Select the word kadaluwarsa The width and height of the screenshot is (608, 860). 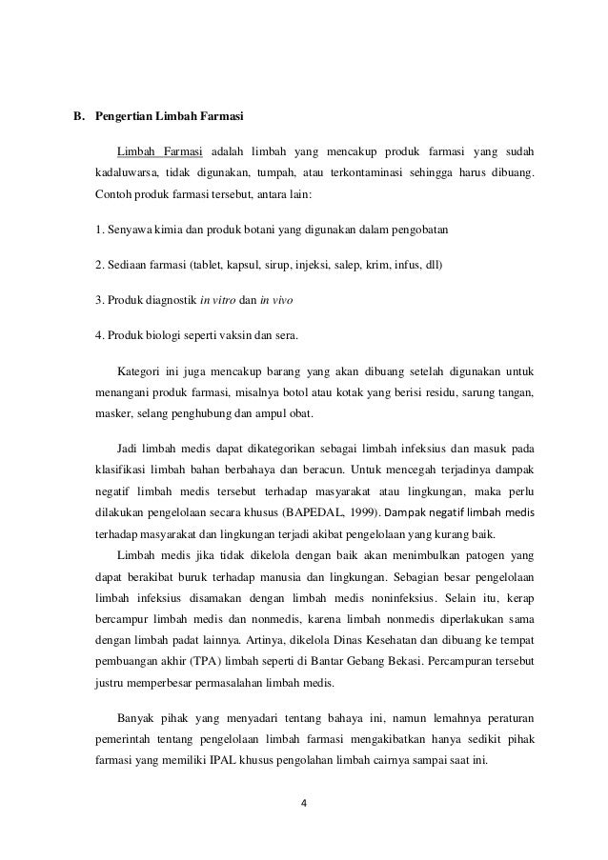pos(126,173)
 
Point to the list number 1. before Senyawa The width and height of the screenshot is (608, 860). pos(100,231)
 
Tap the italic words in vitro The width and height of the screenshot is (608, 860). pos(217,300)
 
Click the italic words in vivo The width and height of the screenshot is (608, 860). pos(277,300)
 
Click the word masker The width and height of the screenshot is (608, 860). pos(112,414)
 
